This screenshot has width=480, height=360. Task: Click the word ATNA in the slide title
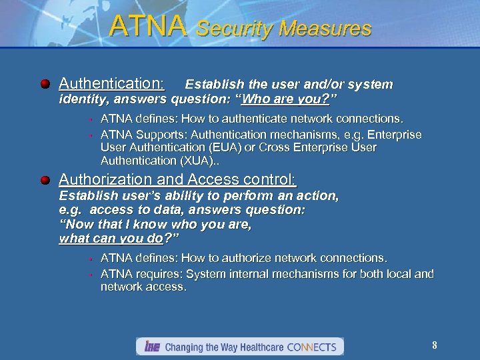147,26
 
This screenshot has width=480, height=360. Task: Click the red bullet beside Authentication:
45,84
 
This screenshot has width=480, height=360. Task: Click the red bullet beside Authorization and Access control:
45,180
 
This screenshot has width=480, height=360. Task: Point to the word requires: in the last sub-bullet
156,274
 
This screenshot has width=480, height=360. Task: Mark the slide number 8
435,345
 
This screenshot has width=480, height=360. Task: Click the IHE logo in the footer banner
150,347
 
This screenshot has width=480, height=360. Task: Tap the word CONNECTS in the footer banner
312,347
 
